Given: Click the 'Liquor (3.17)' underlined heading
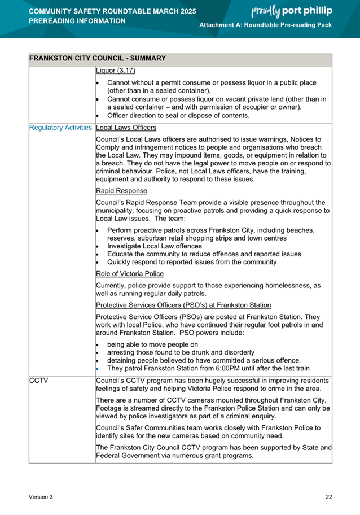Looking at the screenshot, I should click(x=116, y=71).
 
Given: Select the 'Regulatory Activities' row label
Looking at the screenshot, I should click(x=61, y=128).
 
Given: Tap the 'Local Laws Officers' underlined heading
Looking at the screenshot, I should click(x=126, y=128).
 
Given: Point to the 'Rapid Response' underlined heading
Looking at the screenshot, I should click(x=122, y=191).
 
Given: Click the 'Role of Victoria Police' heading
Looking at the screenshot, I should click(x=130, y=274).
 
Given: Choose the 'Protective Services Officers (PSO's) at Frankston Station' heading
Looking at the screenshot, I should click(x=183, y=305).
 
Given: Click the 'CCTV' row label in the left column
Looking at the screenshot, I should click(x=38, y=381).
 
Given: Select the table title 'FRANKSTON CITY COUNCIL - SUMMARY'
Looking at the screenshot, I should click(x=97, y=58).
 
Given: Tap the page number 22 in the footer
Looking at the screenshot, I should click(x=328, y=497).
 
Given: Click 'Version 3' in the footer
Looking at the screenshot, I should click(x=41, y=497).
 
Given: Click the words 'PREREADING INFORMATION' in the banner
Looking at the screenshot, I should click(x=77, y=21).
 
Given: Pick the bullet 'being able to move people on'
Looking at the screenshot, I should click(x=152, y=344).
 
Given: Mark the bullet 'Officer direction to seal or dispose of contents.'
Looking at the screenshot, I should click(x=178, y=115).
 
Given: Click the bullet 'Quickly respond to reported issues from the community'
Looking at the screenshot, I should click(x=191, y=262).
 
